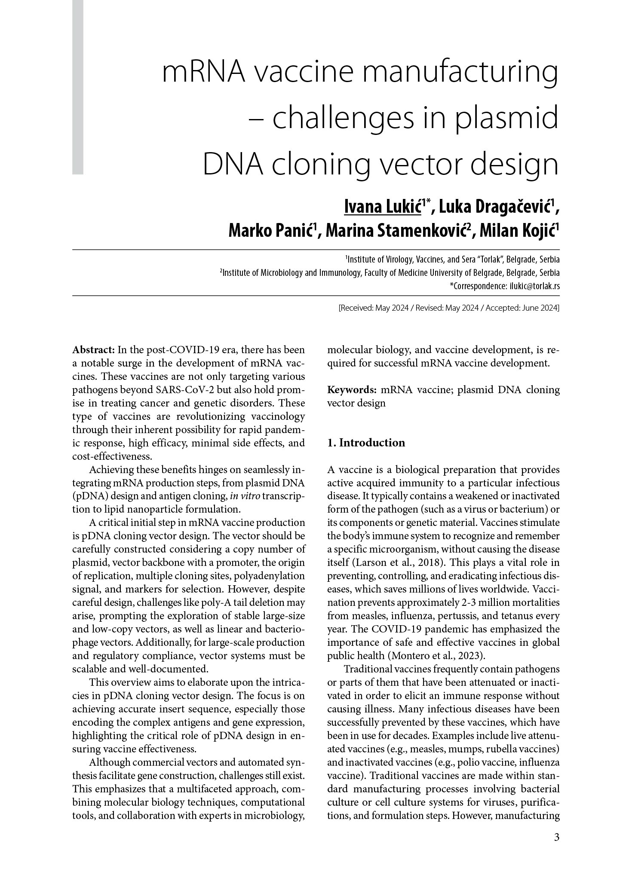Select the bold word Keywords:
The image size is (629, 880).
click(352, 390)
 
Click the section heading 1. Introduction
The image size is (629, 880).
click(366, 443)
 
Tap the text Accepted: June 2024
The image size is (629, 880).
click(522, 308)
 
